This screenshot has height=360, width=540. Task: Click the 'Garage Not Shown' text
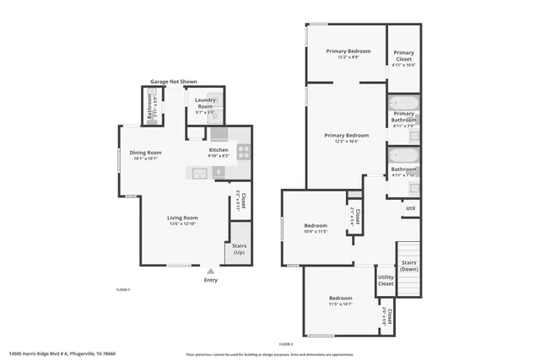(x=173, y=82)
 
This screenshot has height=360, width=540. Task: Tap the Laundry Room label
(x=205, y=104)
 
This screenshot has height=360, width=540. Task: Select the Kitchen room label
(x=219, y=150)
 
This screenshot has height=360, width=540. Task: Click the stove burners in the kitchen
(x=243, y=153)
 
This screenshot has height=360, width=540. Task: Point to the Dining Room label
(x=146, y=153)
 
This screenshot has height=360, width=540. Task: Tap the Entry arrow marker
(x=210, y=271)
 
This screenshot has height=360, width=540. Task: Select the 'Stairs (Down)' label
(x=409, y=266)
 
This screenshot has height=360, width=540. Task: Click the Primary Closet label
(x=403, y=55)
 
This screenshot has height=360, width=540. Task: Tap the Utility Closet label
(x=386, y=280)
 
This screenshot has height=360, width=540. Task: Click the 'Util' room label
(x=410, y=207)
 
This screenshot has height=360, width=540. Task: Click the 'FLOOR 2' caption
(x=285, y=344)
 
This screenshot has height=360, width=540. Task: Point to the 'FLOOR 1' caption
(x=122, y=289)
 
